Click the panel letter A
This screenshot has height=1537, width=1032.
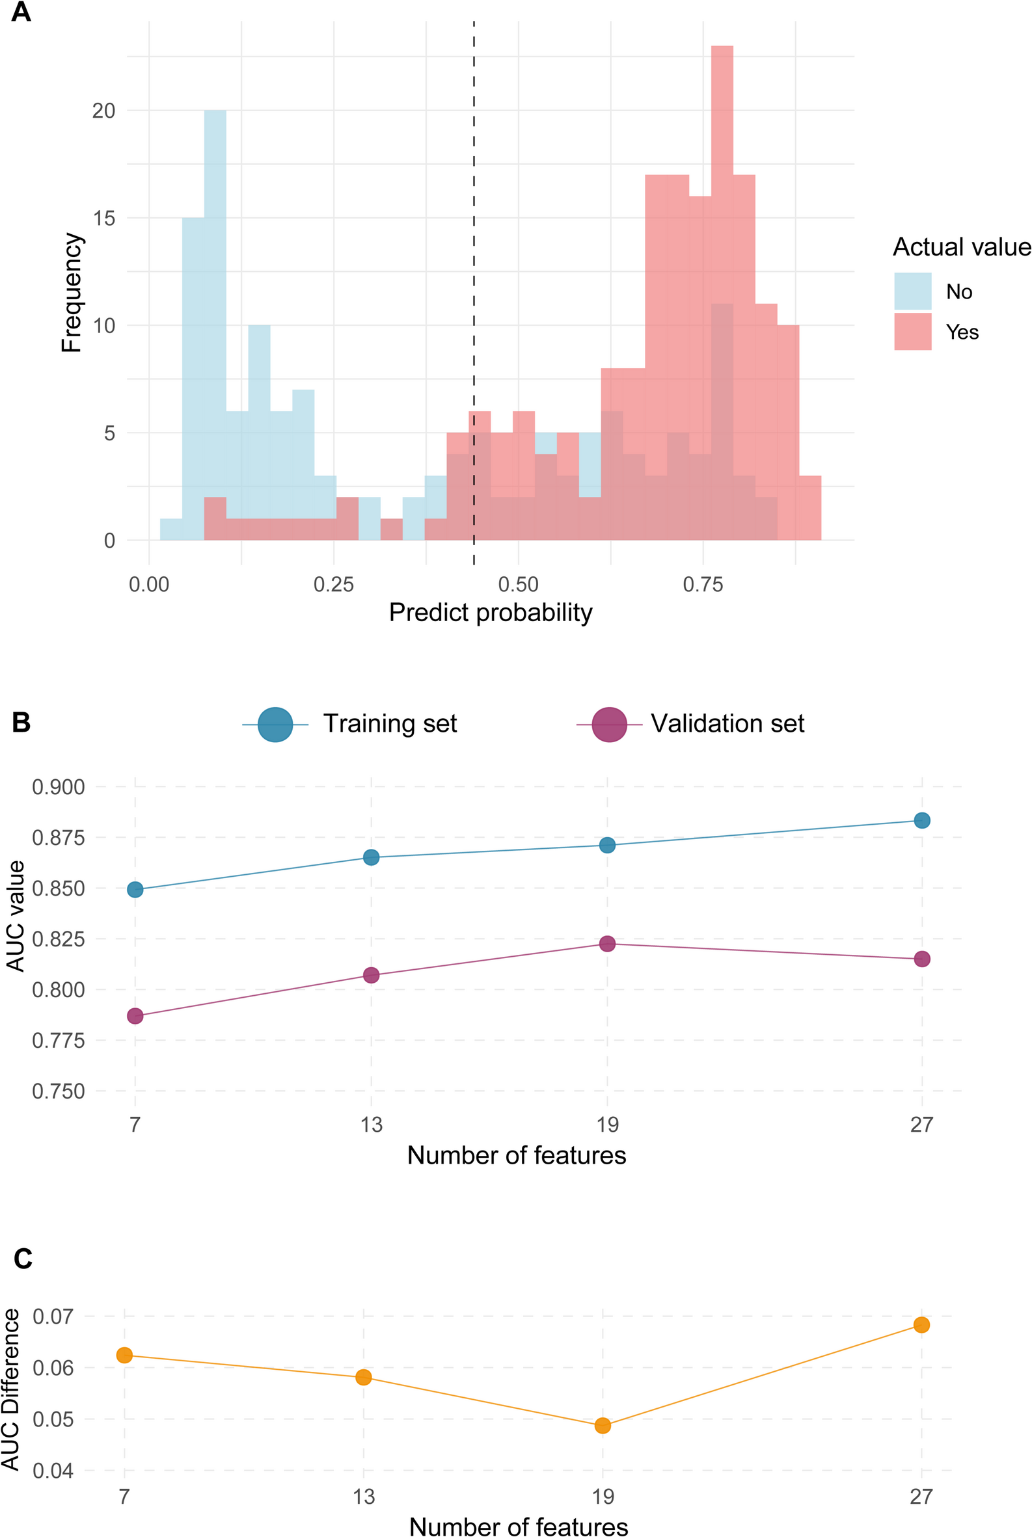(x=21, y=12)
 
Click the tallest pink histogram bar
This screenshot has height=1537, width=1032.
(x=722, y=197)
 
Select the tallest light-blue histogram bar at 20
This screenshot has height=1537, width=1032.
(x=215, y=296)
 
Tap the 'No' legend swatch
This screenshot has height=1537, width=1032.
(x=912, y=291)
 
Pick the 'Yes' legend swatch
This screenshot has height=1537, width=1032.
(x=912, y=332)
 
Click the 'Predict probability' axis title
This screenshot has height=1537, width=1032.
(x=491, y=613)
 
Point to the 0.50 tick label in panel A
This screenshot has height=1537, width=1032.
(x=518, y=584)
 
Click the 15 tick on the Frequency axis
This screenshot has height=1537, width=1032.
(x=104, y=218)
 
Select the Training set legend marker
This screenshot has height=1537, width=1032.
(x=275, y=725)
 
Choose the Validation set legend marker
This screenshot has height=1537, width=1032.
(x=609, y=725)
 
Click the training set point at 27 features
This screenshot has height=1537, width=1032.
(x=921, y=820)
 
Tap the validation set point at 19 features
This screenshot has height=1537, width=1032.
(x=607, y=944)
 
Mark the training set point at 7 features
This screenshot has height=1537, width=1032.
(x=135, y=890)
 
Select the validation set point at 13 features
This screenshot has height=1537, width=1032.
(x=371, y=975)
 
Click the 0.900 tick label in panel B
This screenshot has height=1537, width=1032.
(x=59, y=787)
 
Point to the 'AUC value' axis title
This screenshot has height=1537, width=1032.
(x=15, y=915)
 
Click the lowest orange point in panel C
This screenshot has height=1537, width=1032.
(x=603, y=1426)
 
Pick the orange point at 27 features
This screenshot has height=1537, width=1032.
(x=921, y=1324)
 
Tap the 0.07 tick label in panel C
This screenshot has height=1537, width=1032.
(x=53, y=1316)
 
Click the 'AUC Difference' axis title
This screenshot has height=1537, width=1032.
(x=11, y=1389)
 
